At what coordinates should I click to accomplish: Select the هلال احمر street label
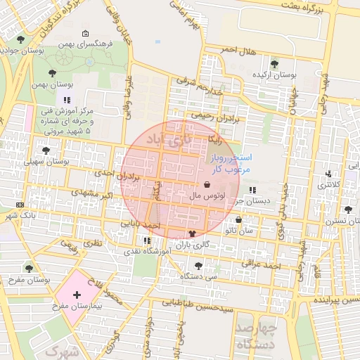[236, 50]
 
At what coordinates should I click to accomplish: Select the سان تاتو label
[239, 231]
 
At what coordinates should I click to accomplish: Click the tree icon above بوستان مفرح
[29, 268]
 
